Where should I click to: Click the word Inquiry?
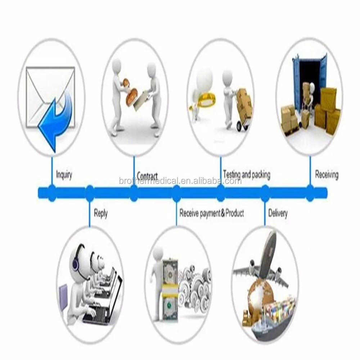[x=64, y=175]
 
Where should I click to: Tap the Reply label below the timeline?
[x=100, y=213]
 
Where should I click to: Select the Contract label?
[x=147, y=176]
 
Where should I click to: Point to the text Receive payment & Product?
[x=212, y=213]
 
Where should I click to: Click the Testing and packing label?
[x=246, y=175]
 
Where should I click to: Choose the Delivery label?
[x=278, y=213]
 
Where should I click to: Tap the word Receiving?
[x=327, y=175]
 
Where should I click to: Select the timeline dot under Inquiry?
[x=52, y=192]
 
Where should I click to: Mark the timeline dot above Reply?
[x=89, y=192]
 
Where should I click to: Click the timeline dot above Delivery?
[x=265, y=192]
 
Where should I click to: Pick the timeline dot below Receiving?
[x=310, y=192]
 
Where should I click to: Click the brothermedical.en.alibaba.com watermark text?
[x=180, y=181]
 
